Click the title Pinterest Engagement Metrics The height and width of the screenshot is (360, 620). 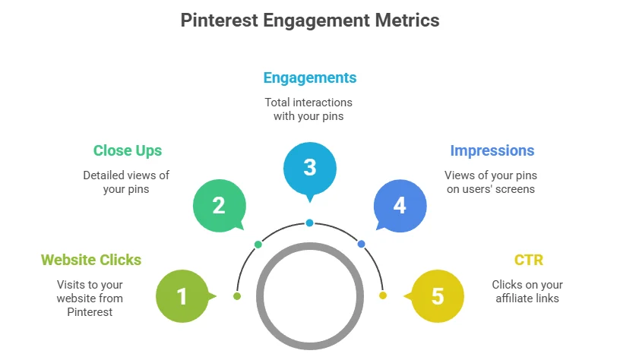pos(310,21)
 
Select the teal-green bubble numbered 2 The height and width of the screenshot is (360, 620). pos(219,206)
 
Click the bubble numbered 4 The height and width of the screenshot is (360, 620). pos(400,206)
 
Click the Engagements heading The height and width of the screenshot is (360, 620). pos(310,78)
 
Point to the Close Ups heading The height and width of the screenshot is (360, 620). pos(128,151)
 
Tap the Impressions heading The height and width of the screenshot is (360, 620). pos(492,150)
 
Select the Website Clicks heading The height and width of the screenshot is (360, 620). pos(91,260)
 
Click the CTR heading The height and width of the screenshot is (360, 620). pos(529,260)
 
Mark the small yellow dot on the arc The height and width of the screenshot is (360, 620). pos(383,295)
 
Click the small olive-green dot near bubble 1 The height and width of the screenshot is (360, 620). pos(237,296)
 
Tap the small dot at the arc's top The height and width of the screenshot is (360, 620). pos(309,223)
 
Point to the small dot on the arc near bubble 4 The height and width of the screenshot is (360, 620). pos(361,245)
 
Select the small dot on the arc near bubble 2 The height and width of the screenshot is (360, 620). pos(258,245)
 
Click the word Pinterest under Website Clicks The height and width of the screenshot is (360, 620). pos(90,312)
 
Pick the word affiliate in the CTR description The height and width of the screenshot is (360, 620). pos(510,298)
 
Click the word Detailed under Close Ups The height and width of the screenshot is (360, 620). pos(101,175)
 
